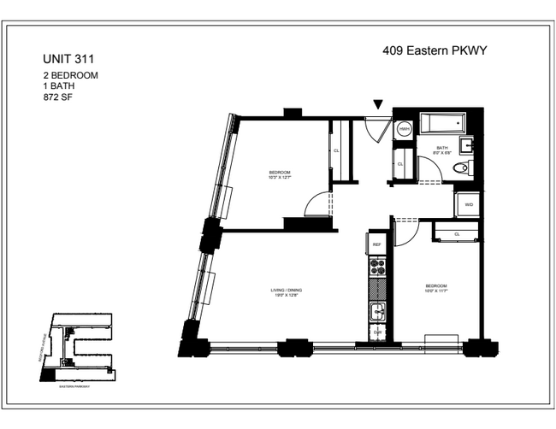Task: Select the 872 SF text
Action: tap(58, 97)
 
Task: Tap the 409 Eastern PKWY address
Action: tap(434, 51)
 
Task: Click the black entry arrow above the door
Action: tap(378, 105)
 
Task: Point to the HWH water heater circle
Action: tap(404, 129)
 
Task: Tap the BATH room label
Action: tap(442, 148)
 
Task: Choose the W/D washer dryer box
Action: tap(469, 205)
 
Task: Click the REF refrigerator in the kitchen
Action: tap(377, 244)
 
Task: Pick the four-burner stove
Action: tap(377, 273)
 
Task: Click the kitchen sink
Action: tap(377, 310)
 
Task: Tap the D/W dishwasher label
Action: tap(377, 332)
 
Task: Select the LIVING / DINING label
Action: tap(287, 291)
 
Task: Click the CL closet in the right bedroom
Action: tap(457, 233)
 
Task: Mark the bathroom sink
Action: tap(469, 143)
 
